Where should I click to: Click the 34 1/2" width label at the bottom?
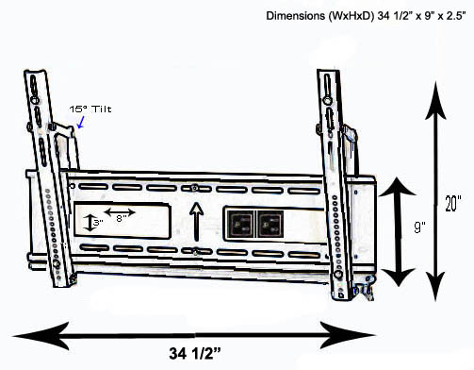pos(195,353)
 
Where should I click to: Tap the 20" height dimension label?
pos(453,203)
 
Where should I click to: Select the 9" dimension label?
pos(419,227)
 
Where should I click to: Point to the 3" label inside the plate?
pos(98,223)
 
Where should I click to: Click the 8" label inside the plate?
pos(122,218)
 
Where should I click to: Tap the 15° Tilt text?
pos(90,109)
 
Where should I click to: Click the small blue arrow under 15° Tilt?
pos(81,122)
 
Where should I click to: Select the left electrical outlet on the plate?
pos(241,224)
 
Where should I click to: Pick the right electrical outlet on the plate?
pos(270,224)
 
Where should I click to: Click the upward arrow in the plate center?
pos(197,221)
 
